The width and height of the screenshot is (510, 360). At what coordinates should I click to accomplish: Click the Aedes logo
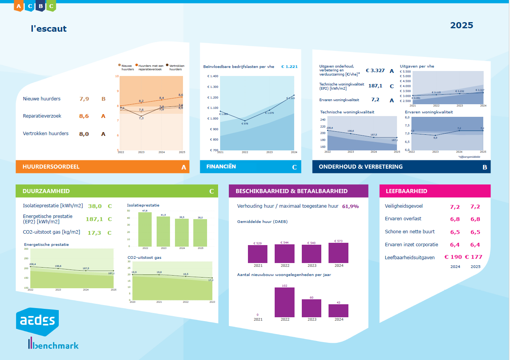[x=37, y=321]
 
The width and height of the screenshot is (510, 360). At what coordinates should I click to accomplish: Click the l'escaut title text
[x=49, y=29]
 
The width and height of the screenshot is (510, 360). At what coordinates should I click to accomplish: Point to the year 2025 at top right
[x=461, y=26]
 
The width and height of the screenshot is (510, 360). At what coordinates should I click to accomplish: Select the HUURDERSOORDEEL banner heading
[x=51, y=167]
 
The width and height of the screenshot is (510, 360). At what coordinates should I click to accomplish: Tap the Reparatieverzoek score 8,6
[x=84, y=116]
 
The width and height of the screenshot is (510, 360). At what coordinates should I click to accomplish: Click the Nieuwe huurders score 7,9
[x=84, y=99]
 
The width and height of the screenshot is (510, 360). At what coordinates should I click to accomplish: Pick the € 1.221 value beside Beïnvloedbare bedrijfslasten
[x=289, y=67]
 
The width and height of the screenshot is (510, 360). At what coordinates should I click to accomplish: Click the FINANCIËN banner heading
[x=221, y=167]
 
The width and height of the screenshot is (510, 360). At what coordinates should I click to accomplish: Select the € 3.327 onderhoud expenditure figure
[x=375, y=71]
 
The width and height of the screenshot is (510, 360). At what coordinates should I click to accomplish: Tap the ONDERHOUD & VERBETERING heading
[x=361, y=167]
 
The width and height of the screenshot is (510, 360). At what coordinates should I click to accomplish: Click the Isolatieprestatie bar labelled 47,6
[x=145, y=229]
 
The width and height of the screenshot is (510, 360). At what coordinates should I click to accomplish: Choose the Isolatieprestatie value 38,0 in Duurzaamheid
[x=95, y=206]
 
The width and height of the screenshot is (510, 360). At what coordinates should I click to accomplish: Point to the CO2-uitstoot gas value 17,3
[x=94, y=233]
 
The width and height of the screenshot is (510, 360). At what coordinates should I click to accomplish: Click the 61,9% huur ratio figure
[x=350, y=207]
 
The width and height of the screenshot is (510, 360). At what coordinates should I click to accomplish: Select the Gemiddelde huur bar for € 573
[x=338, y=253]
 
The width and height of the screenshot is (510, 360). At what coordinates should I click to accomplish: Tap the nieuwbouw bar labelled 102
[x=285, y=302]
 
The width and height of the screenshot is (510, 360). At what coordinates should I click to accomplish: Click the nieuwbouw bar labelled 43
[x=338, y=310]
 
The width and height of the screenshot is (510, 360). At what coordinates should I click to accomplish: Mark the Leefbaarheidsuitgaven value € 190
[x=453, y=257]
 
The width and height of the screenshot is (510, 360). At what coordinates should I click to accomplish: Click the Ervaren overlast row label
[x=403, y=219]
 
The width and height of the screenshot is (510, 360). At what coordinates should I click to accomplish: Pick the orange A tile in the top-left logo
[x=18, y=6]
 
